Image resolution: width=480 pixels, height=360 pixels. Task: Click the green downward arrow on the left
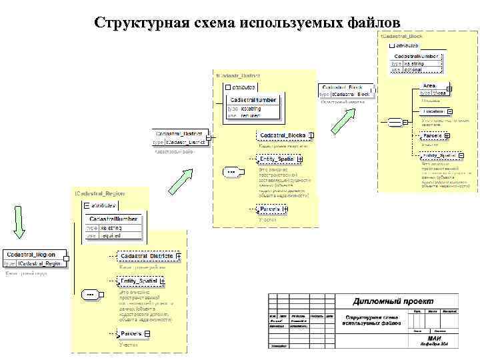19,223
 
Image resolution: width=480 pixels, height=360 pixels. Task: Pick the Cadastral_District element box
179,133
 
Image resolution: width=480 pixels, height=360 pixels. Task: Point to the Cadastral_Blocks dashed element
282,135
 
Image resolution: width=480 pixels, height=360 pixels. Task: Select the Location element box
433,111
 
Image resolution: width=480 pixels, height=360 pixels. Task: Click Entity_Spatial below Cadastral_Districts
138,281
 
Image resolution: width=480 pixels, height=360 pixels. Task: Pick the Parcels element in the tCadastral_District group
269,209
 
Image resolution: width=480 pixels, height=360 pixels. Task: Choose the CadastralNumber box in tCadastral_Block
415,57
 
